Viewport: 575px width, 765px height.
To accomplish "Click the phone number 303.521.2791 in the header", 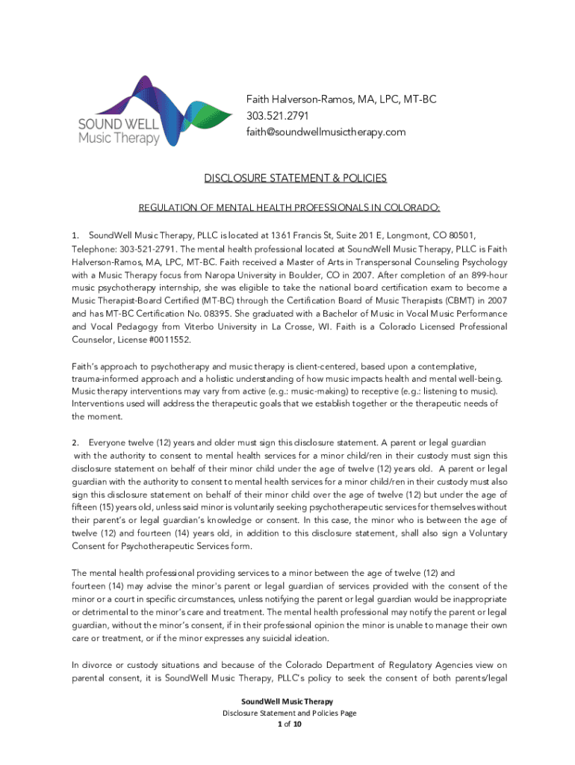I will [277, 116].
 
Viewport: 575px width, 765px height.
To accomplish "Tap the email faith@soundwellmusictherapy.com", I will [326, 132].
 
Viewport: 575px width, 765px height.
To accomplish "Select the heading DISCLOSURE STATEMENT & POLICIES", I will [296, 178].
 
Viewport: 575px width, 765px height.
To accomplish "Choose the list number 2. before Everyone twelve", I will [75, 443].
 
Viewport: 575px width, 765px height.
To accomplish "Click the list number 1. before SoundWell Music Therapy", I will [75, 236].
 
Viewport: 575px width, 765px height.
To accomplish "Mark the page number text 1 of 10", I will [288, 725].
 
